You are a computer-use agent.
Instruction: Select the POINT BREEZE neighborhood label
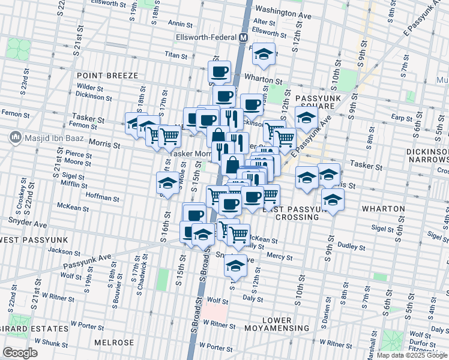pos(107,76)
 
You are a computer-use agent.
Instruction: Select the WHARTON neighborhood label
pos(384,209)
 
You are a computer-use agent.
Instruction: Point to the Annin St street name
pos(180,24)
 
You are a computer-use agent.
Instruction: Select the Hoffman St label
pos(103,197)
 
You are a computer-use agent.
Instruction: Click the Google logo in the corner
pos(20,353)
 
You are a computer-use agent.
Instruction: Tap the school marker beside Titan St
pos(263,54)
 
